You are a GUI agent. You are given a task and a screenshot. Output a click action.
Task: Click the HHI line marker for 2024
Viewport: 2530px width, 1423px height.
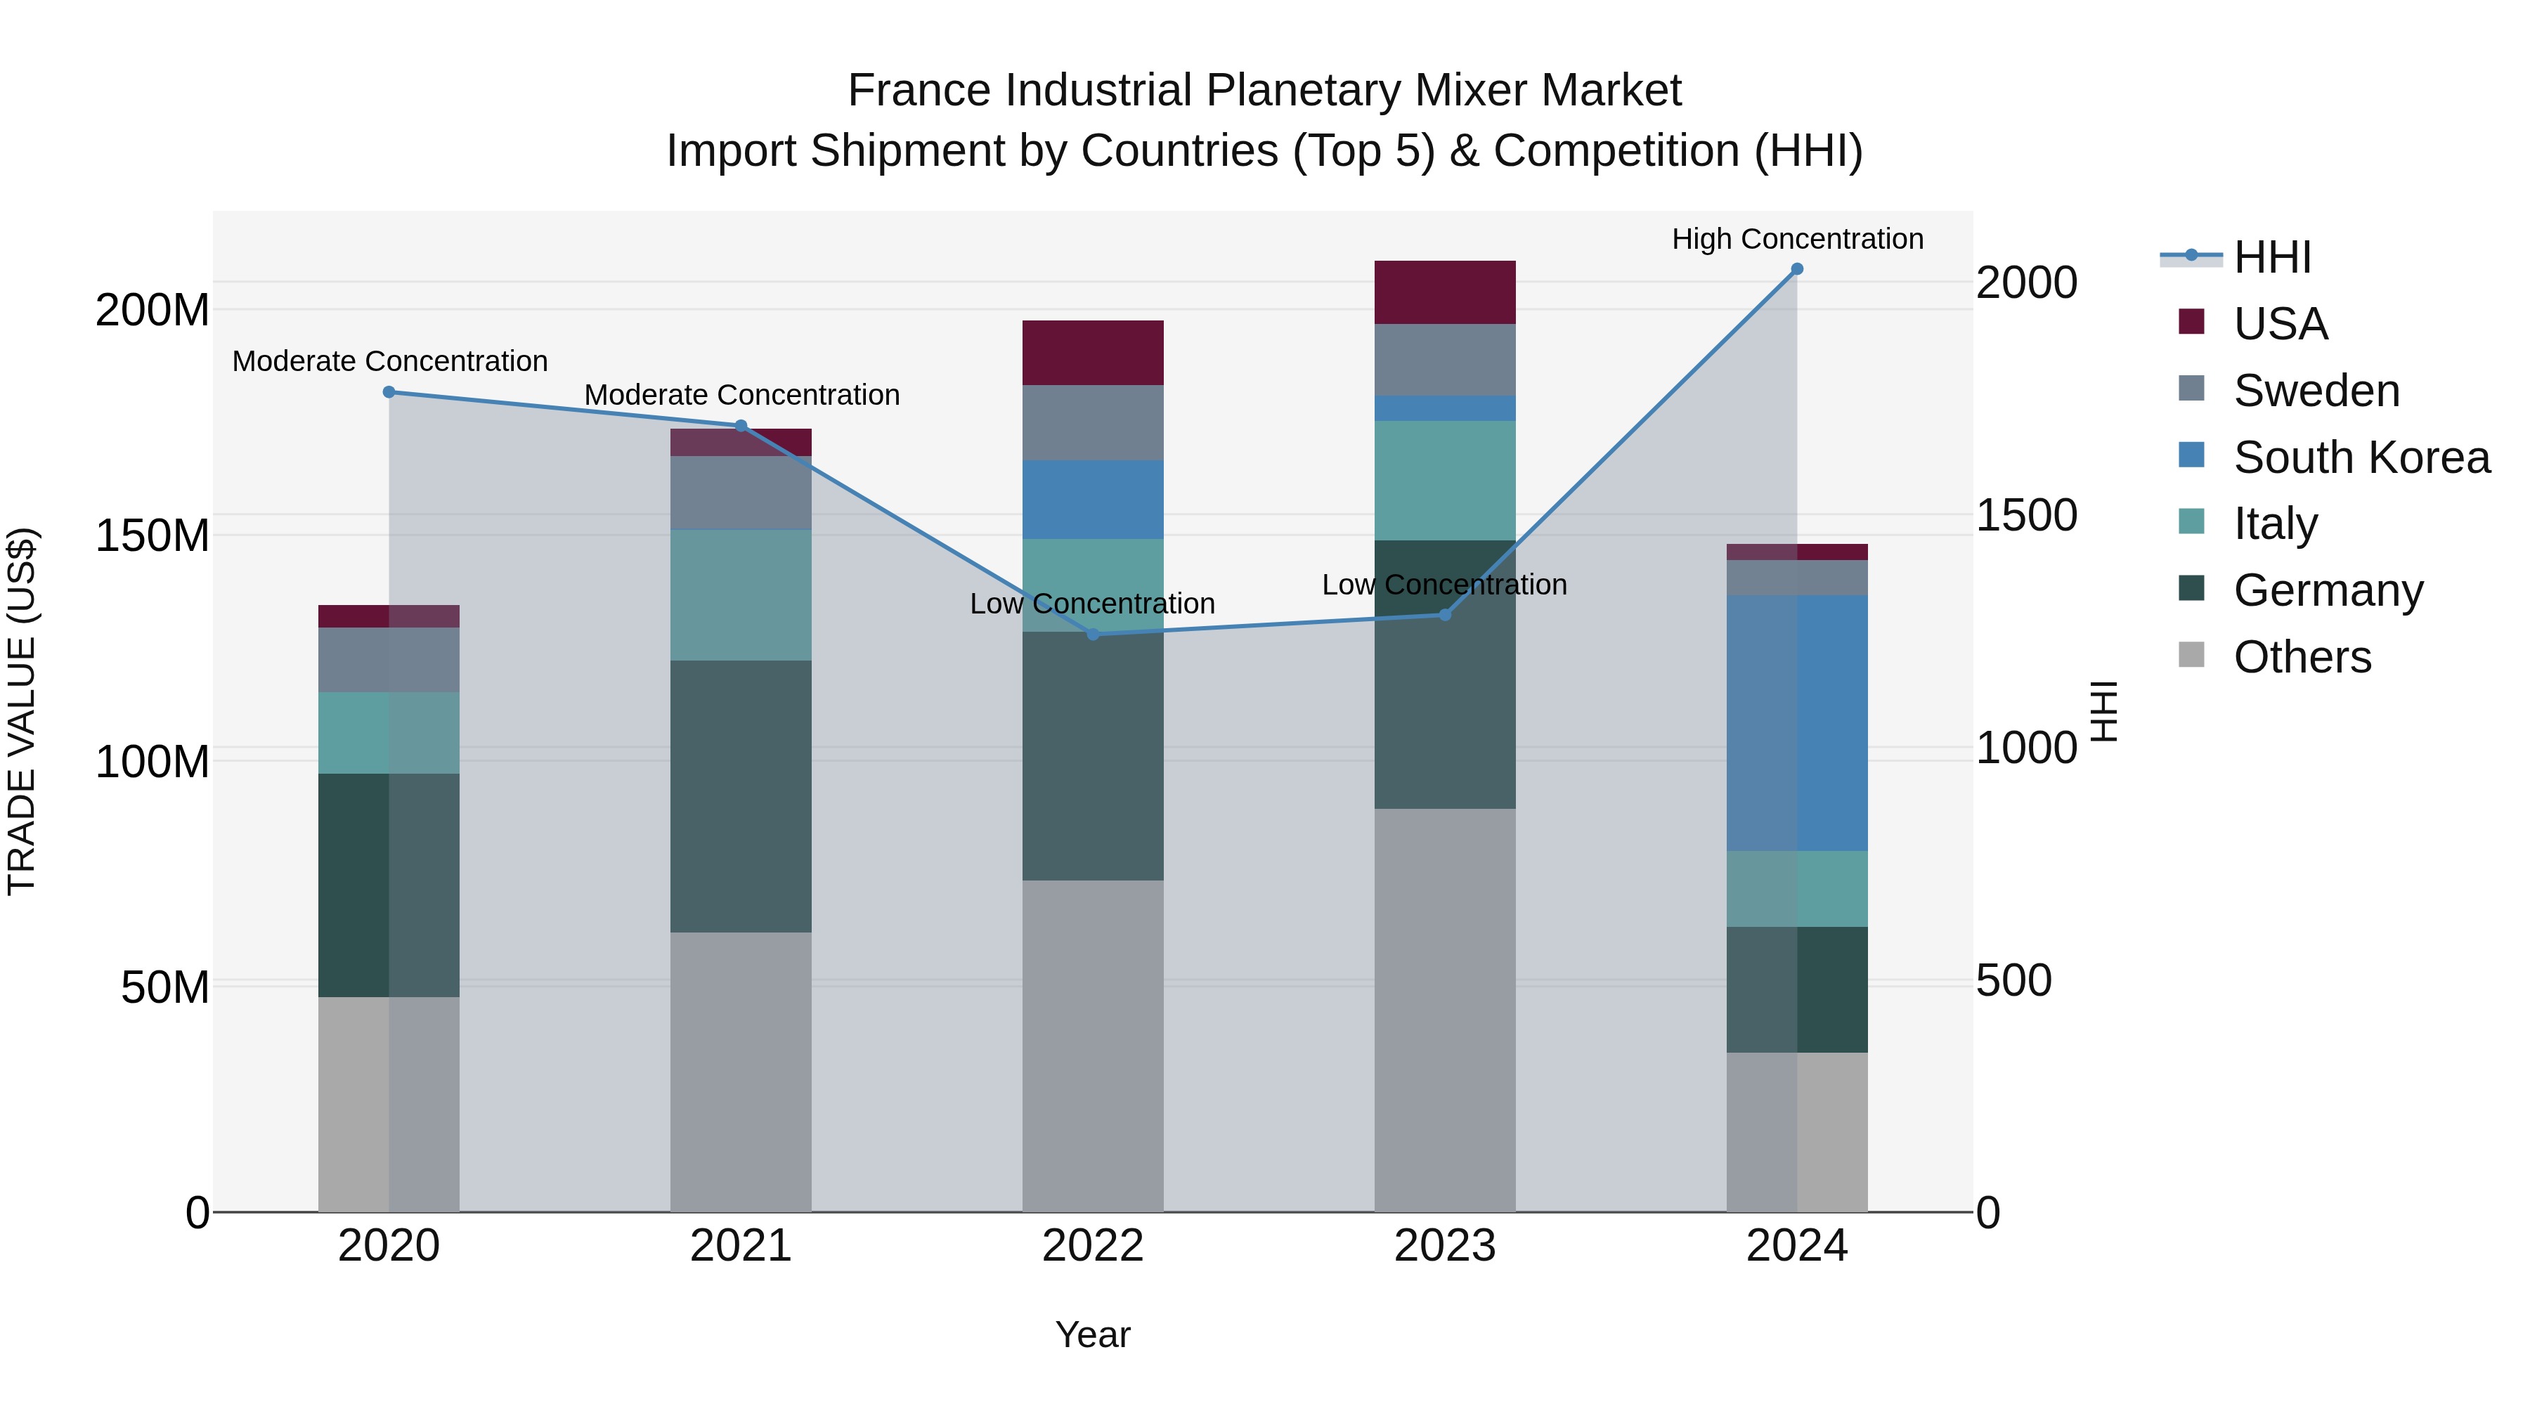[1796, 269]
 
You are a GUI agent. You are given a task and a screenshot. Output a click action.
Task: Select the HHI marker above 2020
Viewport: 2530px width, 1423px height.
[389, 392]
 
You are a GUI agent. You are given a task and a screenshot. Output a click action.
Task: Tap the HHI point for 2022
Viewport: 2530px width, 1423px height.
[1093, 635]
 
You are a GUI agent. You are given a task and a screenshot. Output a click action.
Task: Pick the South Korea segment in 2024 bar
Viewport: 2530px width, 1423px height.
[1796, 723]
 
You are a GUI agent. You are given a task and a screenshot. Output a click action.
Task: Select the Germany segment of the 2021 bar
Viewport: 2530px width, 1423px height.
[741, 795]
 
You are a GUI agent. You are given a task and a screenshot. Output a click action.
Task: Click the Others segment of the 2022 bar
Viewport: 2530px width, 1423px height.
[1092, 1045]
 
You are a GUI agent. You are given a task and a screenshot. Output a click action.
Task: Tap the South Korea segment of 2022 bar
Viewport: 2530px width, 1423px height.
[1092, 499]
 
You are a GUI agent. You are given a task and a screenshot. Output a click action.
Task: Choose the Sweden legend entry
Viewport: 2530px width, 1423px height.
[2316, 391]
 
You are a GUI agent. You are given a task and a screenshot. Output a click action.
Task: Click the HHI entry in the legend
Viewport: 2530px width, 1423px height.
[2271, 257]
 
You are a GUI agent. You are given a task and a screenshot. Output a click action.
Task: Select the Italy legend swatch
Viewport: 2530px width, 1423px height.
[2191, 521]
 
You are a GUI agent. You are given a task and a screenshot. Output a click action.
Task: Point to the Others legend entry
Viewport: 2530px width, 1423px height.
[2301, 657]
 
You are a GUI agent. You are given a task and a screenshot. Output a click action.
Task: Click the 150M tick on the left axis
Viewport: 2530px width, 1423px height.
[153, 536]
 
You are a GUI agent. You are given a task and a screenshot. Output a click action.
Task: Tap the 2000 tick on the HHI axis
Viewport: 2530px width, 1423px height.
[2025, 282]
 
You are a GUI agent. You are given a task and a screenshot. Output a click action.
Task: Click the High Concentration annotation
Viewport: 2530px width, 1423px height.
[1796, 239]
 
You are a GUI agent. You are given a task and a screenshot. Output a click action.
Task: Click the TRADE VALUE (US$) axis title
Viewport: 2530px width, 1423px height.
[22, 711]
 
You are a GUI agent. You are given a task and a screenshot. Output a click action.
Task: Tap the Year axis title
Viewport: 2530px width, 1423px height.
[1092, 1334]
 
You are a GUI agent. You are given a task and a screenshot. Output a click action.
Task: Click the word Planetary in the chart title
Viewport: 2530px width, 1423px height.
[1304, 91]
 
